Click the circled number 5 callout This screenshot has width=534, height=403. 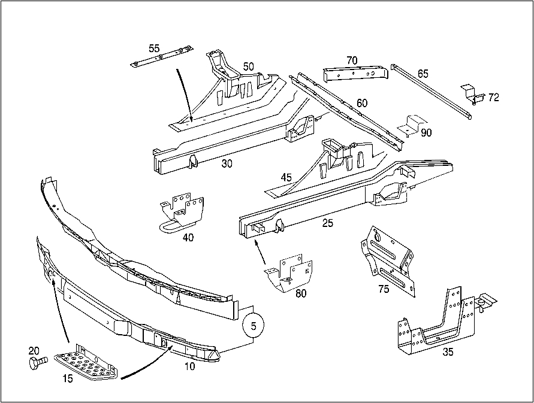(254, 326)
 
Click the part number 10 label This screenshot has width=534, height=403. (190, 366)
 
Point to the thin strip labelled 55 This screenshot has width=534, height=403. (162, 55)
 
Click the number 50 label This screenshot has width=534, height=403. (248, 66)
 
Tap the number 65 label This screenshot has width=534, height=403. (423, 74)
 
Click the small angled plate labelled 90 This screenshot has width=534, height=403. (412, 126)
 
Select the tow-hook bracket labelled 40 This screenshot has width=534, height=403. (182, 213)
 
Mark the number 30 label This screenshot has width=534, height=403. (227, 163)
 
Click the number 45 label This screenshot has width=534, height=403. (286, 177)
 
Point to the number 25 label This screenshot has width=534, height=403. (328, 223)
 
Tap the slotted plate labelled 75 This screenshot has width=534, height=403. (388, 260)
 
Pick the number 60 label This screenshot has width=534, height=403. (362, 103)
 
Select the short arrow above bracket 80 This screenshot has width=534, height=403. (260, 252)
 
